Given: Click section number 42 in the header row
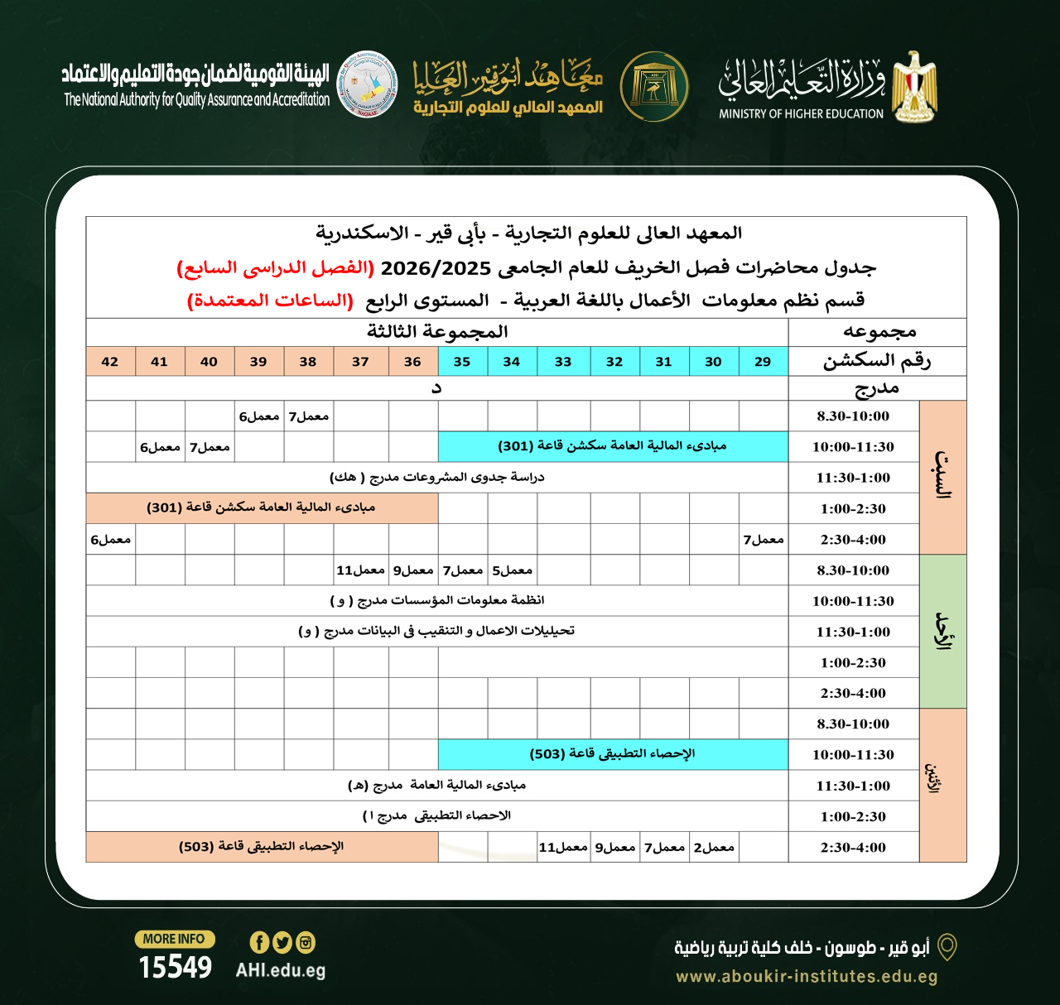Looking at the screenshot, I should pos(110,362).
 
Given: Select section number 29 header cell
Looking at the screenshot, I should pos(763,362).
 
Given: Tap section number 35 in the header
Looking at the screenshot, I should pos(462,362).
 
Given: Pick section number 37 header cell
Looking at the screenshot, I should pos(360,362).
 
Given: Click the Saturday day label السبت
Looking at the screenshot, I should pos(942,478).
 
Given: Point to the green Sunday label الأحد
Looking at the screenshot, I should pos(942,631).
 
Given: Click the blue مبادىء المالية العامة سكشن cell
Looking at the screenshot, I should pos(613,446).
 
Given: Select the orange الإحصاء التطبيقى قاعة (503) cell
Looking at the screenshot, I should pos(262,847).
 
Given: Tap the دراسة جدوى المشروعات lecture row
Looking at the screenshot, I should pos(436,478).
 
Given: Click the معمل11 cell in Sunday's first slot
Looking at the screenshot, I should pos(360,570).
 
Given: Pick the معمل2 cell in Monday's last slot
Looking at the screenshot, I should pos(714,848).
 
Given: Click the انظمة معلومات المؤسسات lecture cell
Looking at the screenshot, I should pos(436,601).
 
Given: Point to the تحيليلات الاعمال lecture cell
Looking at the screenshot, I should pos(436,632).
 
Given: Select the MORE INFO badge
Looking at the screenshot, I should pos(175,939).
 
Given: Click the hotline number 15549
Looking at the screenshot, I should pos(175,967).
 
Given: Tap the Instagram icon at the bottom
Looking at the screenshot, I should pos(306,942).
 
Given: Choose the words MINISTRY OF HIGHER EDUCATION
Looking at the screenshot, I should pos(801,114).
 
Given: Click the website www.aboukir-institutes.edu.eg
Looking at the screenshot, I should pos(807,977).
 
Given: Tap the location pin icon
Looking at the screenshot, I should pos(947,947).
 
